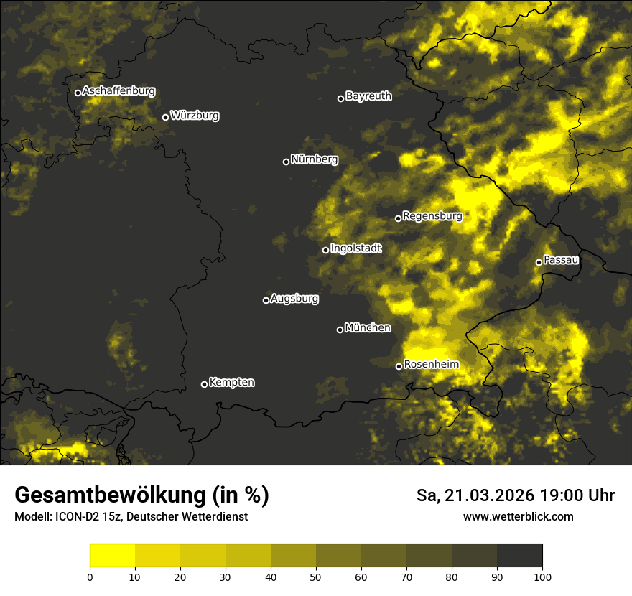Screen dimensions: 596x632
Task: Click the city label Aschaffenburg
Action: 118,91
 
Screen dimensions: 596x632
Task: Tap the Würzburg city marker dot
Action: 165,117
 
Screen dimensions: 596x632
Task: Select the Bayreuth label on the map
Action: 368,96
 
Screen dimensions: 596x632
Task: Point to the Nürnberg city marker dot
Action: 286,162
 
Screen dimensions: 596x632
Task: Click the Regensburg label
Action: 432,215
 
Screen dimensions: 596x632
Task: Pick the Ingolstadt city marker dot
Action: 325,250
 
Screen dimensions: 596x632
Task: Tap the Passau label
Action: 561,259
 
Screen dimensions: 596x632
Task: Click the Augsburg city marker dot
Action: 266,300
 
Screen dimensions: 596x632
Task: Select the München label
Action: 368,327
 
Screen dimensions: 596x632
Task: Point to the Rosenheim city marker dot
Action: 399,366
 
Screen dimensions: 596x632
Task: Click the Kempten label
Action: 231,382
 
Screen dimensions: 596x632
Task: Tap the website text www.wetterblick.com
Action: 518,516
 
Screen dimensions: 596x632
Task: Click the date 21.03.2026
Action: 485,495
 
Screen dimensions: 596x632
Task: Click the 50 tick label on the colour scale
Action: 316,576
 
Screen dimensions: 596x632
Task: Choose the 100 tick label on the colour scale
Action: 542,576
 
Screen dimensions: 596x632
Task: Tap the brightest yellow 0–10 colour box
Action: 112,556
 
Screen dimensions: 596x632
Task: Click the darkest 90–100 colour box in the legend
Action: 519,556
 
